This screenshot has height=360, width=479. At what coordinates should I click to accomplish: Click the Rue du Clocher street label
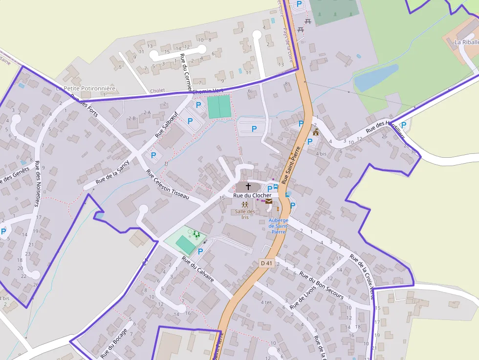point(252,195)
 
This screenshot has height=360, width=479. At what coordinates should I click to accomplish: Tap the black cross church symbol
point(248,186)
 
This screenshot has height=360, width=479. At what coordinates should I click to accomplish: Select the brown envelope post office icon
point(269,201)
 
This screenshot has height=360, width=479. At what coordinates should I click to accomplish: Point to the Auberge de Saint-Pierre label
point(278,226)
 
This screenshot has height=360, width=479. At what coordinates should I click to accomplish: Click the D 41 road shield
point(266,263)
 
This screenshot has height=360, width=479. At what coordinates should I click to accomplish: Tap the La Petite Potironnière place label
point(86,88)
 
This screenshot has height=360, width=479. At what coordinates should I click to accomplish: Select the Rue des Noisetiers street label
point(39,190)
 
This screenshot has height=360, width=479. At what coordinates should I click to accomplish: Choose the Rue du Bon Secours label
point(321,285)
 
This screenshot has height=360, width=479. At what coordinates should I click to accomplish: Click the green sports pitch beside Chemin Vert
point(219,106)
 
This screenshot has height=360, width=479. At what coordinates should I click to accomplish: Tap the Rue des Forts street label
point(84,106)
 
